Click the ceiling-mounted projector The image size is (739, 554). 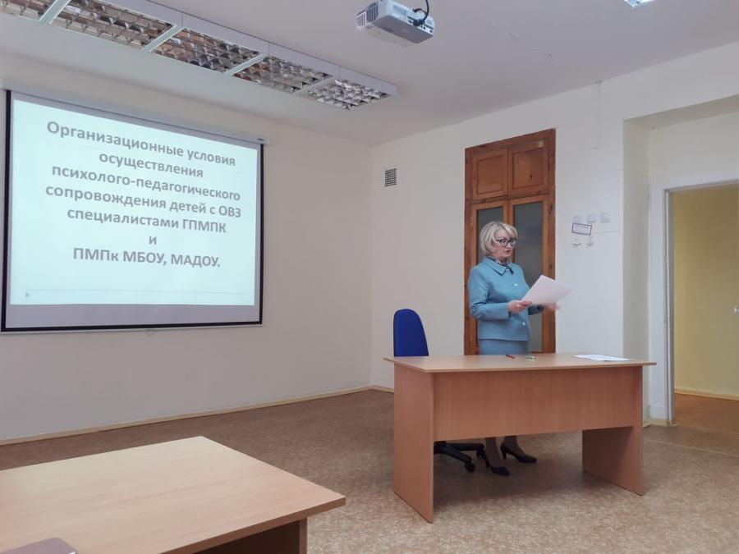pos(395,21)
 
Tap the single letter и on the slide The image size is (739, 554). pos(153,240)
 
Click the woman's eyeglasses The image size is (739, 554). pos(506,242)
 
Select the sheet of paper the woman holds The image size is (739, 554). pos(546,289)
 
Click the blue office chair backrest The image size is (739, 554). pos(410,333)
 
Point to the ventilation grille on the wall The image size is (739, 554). pos(390,177)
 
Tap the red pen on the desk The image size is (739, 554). pos(510,356)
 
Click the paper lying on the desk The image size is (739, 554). pos(601,358)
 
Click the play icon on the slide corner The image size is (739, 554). pos(27,295)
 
